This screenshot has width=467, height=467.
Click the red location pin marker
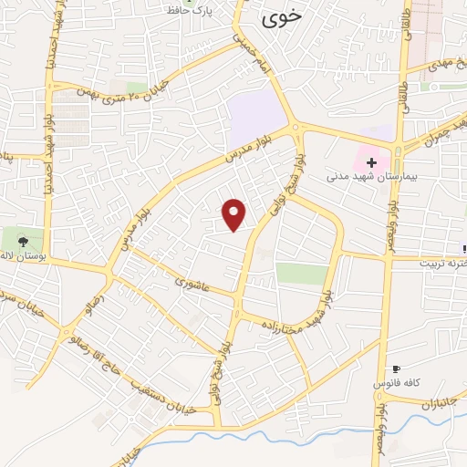(x=234, y=213)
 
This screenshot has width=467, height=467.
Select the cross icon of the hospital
(x=371, y=161)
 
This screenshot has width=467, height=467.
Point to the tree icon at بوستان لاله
(x=23, y=242)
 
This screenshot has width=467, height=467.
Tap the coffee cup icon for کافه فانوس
(x=395, y=368)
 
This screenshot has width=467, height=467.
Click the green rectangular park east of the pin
(x=301, y=273)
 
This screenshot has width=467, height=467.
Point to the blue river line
(x=274, y=425)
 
